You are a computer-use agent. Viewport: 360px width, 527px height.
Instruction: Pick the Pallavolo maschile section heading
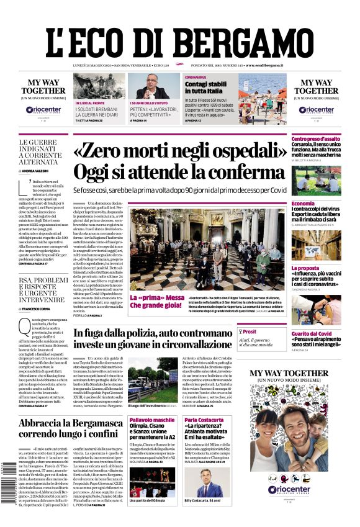(152, 420)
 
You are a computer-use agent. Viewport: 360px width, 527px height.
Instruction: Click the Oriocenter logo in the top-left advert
(43, 110)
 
